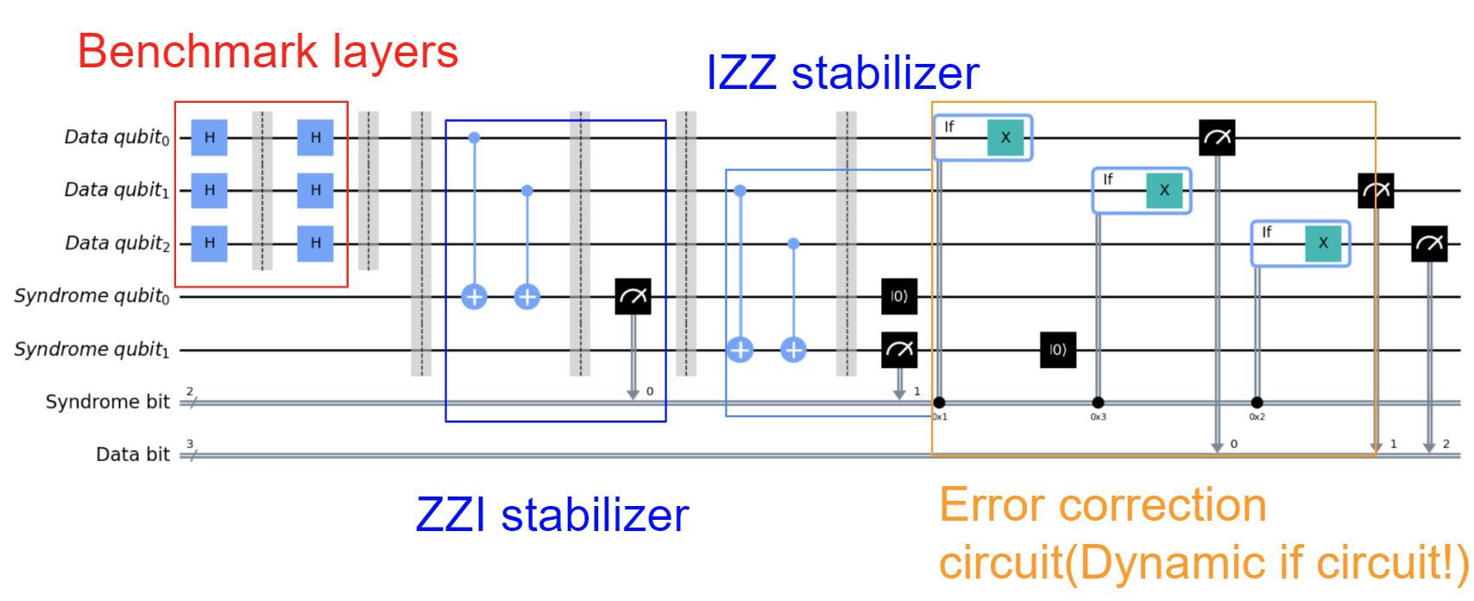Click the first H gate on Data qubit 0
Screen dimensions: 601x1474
click(x=209, y=138)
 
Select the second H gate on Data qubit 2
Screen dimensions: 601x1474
click(x=315, y=244)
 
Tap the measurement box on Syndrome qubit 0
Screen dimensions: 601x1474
click(x=633, y=296)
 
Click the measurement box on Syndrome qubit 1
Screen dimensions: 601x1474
click(x=898, y=350)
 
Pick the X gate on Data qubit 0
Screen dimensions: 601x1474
click(x=1005, y=138)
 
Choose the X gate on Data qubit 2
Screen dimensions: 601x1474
click(x=1323, y=244)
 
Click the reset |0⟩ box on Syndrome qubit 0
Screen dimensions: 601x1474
click(x=898, y=296)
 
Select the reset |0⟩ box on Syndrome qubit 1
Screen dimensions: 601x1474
click(x=1057, y=350)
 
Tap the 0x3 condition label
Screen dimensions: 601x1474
click(x=1098, y=417)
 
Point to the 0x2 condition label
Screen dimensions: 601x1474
click(x=1257, y=417)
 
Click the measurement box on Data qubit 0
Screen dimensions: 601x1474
click(x=1217, y=138)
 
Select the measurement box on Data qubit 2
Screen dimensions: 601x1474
click(x=1429, y=244)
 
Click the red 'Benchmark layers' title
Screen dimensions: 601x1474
click(x=268, y=52)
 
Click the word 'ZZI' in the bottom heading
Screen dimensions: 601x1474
click(x=450, y=516)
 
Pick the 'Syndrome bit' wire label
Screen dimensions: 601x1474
click(x=107, y=402)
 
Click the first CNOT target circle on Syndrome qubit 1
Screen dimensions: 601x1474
click(x=740, y=350)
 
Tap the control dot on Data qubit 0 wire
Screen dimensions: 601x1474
click(x=474, y=137)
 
